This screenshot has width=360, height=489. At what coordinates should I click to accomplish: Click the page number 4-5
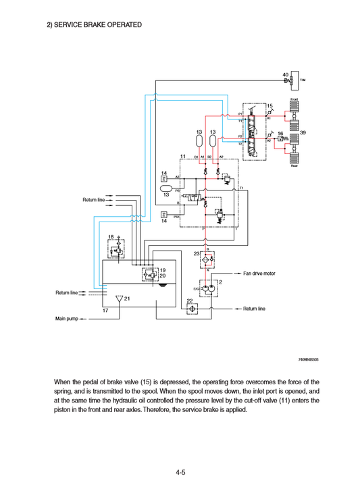click(x=180, y=473)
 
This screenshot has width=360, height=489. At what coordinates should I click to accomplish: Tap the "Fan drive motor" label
click(x=259, y=274)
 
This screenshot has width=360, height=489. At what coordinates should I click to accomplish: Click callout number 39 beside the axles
click(x=303, y=133)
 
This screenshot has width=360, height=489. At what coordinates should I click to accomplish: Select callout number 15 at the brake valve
click(x=269, y=106)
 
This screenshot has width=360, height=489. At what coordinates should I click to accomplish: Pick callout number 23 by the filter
click(x=197, y=253)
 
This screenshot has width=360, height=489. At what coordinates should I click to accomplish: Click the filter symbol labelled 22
click(x=192, y=308)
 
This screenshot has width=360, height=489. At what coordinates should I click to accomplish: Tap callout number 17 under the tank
click(x=106, y=311)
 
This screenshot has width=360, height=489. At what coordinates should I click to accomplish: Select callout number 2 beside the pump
click(x=220, y=282)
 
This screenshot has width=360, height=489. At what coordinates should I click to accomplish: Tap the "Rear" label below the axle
click(x=294, y=166)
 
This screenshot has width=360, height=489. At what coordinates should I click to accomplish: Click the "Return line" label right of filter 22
click(x=254, y=308)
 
